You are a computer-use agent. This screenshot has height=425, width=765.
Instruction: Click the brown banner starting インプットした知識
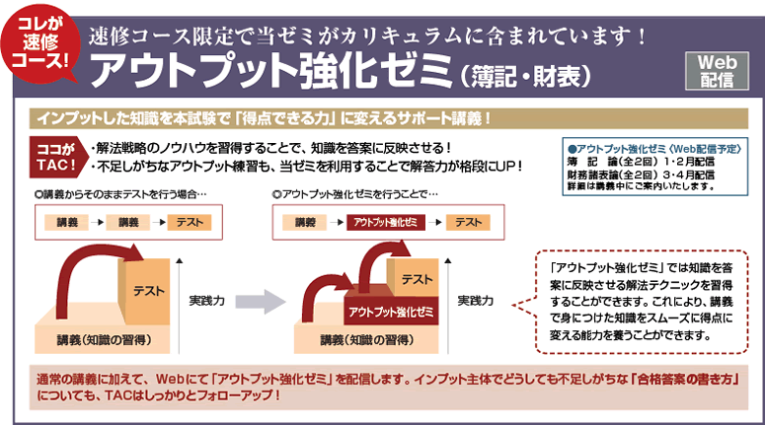[262, 118]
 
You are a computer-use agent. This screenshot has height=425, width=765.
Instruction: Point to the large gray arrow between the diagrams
[261, 301]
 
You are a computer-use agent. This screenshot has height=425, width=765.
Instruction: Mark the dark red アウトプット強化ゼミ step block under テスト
[389, 314]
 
